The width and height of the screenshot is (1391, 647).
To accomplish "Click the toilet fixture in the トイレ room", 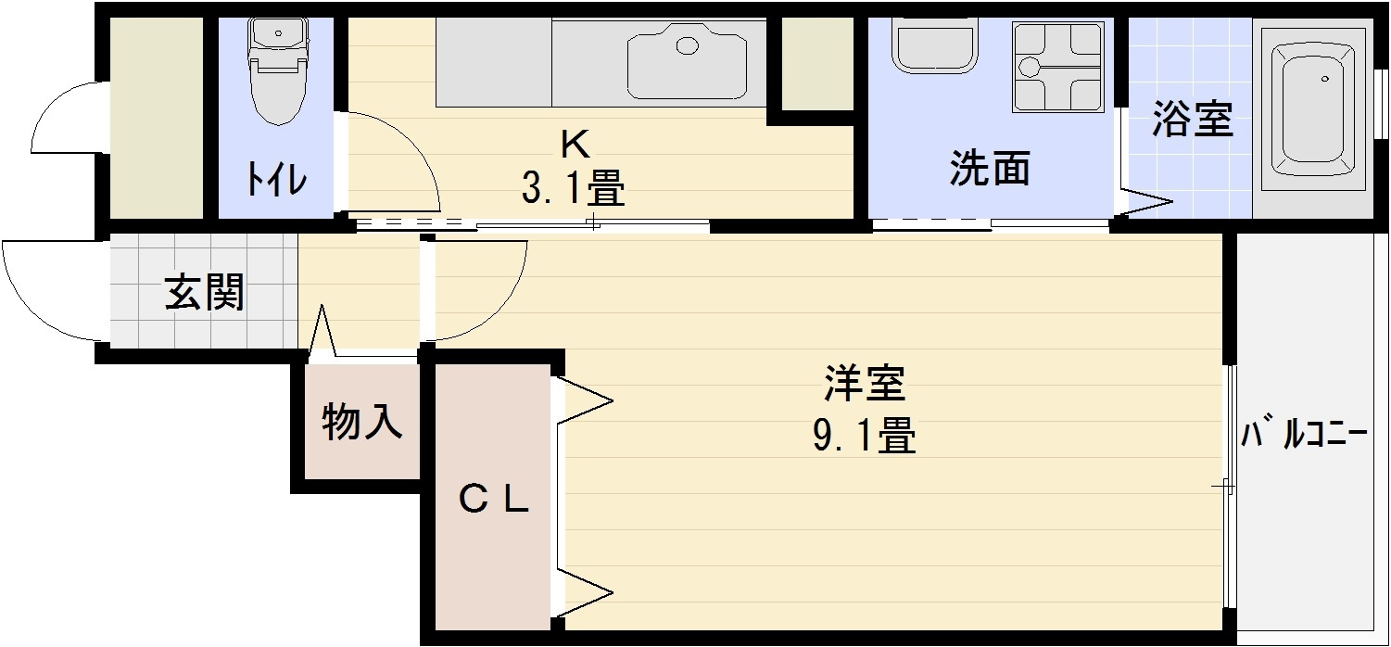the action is click(278, 70).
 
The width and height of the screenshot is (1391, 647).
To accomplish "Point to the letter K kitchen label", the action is click(575, 146).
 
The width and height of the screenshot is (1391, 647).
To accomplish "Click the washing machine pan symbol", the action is click(1058, 67).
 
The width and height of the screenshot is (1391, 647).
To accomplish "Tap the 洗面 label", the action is click(990, 168).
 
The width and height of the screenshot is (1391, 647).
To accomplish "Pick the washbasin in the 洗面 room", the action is click(934, 43).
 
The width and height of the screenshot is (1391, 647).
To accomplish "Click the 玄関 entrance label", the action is click(204, 291).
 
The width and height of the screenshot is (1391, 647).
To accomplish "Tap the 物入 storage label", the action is click(362, 422).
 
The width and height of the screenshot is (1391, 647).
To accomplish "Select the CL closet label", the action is click(494, 499).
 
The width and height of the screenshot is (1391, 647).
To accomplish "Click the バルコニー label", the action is click(1304, 435).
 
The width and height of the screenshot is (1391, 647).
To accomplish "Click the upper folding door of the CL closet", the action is click(584, 400).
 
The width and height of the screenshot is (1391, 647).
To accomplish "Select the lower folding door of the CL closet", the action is click(584, 593).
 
